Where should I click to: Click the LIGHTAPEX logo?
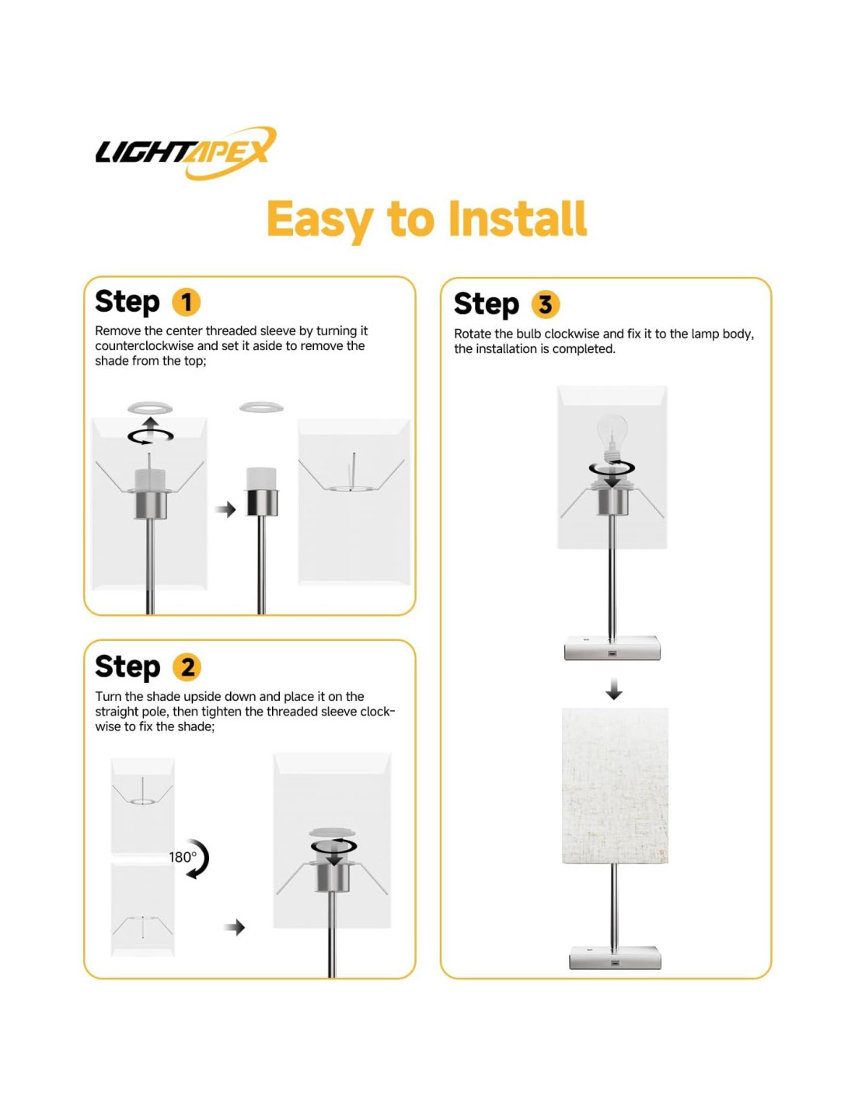[186, 152]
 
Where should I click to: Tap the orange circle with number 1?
[187, 303]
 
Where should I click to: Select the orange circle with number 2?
[187, 667]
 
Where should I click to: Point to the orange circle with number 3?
[545, 304]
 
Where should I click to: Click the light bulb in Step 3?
[611, 437]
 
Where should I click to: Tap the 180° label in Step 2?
[183, 857]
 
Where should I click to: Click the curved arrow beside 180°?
[199, 859]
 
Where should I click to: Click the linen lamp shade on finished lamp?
[614, 786]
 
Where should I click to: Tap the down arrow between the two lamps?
[614, 688]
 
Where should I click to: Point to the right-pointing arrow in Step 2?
[235, 927]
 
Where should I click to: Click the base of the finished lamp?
[614, 957]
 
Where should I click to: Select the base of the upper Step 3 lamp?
[612, 648]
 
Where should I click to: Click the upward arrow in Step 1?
[151, 424]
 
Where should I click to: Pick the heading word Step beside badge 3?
[487, 305]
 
